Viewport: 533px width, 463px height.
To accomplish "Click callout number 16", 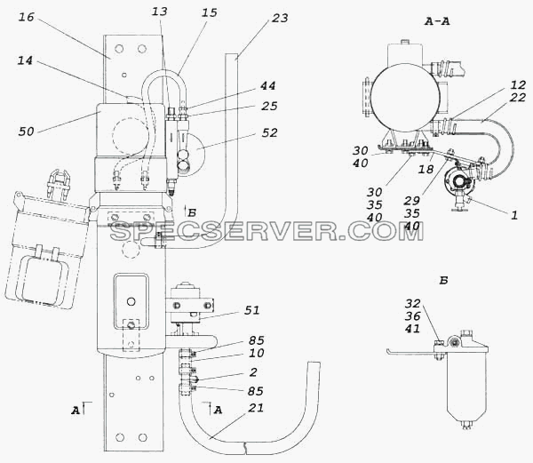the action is pyautogui.click(x=26, y=17).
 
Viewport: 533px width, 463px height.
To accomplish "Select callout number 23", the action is pyautogui.click(x=280, y=19).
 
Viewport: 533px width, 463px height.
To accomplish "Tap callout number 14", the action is pyautogui.click(x=25, y=60).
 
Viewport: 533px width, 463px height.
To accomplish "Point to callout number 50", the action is pyautogui.click(x=27, y=132).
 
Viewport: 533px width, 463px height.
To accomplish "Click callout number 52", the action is pyautogui.click(x=269, y=133).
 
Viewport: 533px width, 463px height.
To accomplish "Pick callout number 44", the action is pyautogui.click(x=268, y=86).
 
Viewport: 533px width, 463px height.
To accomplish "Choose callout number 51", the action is pyautogui.click(x=252, y=310).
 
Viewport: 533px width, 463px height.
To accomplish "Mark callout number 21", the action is pyautogui.click(x=256, y=408).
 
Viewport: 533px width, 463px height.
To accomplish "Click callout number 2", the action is pyautogui.click(x=253, y=372).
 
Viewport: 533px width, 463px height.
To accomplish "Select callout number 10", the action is pyautogui.click(x=257, y=353).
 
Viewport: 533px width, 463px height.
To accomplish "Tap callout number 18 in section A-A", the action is pyautogui.click(x=426, y=169).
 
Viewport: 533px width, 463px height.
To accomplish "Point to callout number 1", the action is pyautogui.click(x=514, y=215).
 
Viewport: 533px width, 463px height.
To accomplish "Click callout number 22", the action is pyautogui.click(x=518, y=98).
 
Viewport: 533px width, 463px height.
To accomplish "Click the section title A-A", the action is pyautogui.click(x=437, y=21).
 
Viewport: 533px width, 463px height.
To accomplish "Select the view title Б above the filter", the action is pyautogui.click(x=443, y=281).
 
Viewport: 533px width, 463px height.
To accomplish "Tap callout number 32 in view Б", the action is pyautogui.click(x=413, y=303).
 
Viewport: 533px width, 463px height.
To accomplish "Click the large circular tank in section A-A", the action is pyautogui.click(x=404, y=97).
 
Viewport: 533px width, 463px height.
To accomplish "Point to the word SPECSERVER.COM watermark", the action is pyautogui.click(x=266, y=231).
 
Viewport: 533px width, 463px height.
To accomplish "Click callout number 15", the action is pyautogui.click(x=210, y=13).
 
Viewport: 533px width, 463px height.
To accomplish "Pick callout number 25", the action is pyautogui.click(x=269, y=107).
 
